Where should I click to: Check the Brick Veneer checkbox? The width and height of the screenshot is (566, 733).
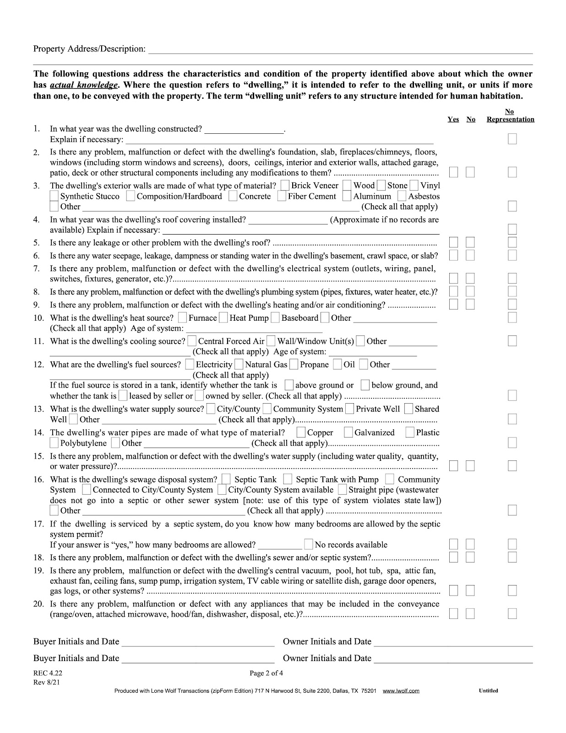pos(285,186)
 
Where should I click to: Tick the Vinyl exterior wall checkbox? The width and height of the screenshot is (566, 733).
pos(414,186)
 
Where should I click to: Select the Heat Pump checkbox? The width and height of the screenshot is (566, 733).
pos(223,317)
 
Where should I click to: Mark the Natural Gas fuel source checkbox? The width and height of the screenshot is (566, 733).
pos(239,365)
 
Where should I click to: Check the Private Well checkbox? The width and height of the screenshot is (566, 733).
pos(350,409)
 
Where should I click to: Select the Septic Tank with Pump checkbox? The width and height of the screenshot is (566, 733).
pos(288,479)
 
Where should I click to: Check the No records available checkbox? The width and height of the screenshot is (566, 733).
pos(309,544)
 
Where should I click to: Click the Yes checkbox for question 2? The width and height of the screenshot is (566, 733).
pos(453,172)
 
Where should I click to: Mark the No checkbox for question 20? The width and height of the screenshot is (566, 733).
pos(470,613)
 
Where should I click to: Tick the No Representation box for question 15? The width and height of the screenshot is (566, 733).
pos(512,466)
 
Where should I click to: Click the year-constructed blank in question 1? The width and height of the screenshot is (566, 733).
pos(244,129)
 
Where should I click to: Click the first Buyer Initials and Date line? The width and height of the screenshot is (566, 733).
pos(198,642)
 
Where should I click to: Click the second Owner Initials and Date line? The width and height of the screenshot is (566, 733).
pos(453,658)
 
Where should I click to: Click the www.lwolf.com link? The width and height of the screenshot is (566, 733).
pos(401,691)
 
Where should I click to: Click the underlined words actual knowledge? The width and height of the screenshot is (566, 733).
pos(83,85)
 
